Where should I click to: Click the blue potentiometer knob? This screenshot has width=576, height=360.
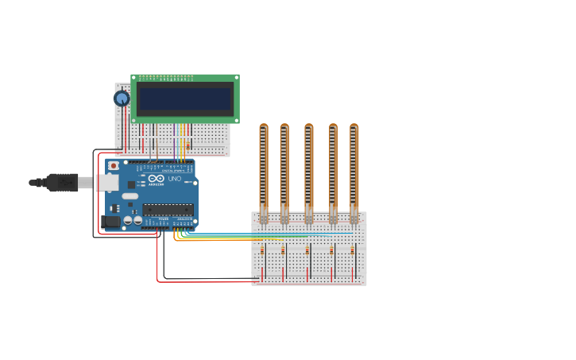point(122,99)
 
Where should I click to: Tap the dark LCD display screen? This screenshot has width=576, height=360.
point(184,99)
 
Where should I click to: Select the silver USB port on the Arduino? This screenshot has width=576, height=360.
point(107,183)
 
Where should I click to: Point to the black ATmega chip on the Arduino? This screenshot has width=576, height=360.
point(168,209)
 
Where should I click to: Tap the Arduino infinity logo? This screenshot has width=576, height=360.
point(156,179)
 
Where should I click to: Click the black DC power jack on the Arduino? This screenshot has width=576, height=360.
point(110,222)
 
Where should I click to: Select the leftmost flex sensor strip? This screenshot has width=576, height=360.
point(263,167)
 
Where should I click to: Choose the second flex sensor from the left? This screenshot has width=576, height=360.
point(284,167)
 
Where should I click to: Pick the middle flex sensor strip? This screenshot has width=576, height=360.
point(308,167)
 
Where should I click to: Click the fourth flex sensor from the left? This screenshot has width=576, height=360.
point(333,167)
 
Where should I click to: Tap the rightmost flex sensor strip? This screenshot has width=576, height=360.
point(354,167)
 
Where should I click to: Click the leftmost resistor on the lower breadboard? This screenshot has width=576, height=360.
point(262,251)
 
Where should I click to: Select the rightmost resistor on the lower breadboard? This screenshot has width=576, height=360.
point(352,251)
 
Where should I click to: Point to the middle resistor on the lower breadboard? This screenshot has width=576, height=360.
point(307,251)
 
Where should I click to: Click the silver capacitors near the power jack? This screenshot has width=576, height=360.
point(132,220)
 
